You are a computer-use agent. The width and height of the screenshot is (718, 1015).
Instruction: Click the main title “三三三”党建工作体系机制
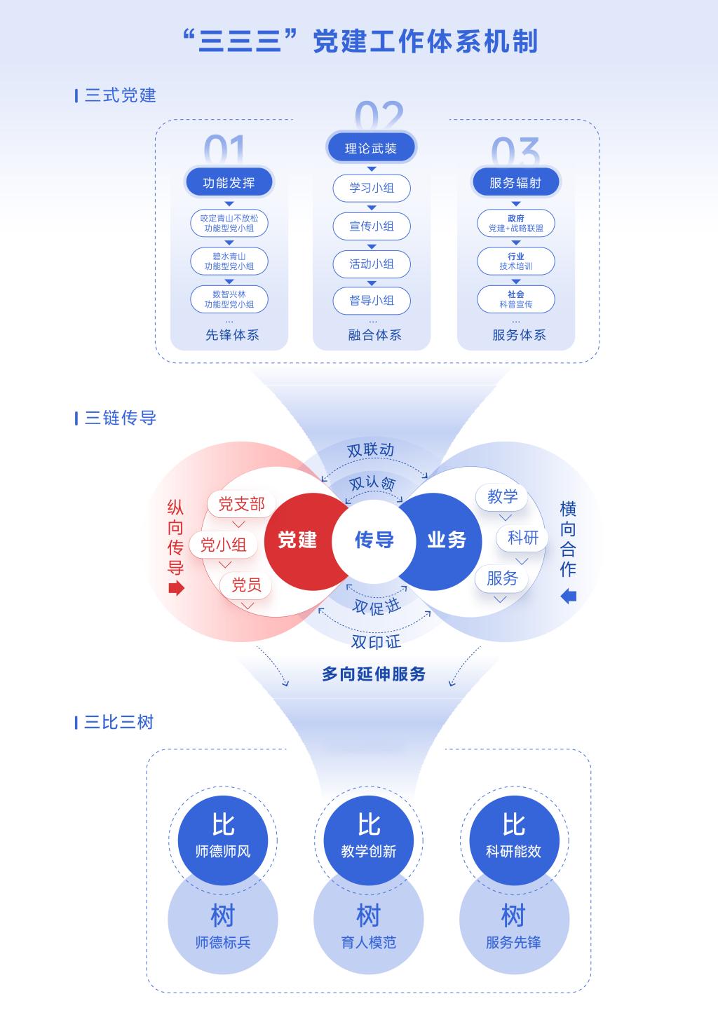point(360,41)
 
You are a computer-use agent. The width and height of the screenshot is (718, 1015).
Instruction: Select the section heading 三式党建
point(120,95)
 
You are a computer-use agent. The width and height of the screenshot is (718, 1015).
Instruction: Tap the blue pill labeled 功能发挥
point(229,182)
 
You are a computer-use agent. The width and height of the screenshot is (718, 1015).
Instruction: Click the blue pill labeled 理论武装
point(371,148)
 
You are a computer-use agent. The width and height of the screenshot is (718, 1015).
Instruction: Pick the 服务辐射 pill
point(516,182)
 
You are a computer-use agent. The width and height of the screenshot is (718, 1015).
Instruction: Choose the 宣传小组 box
point(372,226)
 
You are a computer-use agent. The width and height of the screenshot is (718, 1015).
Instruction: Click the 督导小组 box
point(372,301)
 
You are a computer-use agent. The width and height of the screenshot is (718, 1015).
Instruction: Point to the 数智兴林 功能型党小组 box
point(229,299)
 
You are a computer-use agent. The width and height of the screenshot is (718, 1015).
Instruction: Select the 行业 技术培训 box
point(516,261)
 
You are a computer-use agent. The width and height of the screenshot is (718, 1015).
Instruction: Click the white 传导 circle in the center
point(374,541)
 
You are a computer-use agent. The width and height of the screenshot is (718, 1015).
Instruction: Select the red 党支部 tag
point(241,504)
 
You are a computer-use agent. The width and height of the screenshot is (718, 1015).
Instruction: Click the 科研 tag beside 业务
point(522,538)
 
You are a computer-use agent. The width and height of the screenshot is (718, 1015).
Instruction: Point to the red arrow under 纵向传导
point(176,589)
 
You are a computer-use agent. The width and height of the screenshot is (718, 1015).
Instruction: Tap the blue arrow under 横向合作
point(569,597)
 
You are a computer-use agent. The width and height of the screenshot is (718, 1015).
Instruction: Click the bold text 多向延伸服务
point(374,674)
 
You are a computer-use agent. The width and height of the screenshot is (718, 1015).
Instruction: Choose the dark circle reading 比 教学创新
point(369,840)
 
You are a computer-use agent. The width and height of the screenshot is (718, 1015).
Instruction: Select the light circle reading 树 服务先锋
point(514,919)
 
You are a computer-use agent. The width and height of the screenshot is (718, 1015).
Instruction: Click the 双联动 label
point(371,451)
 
